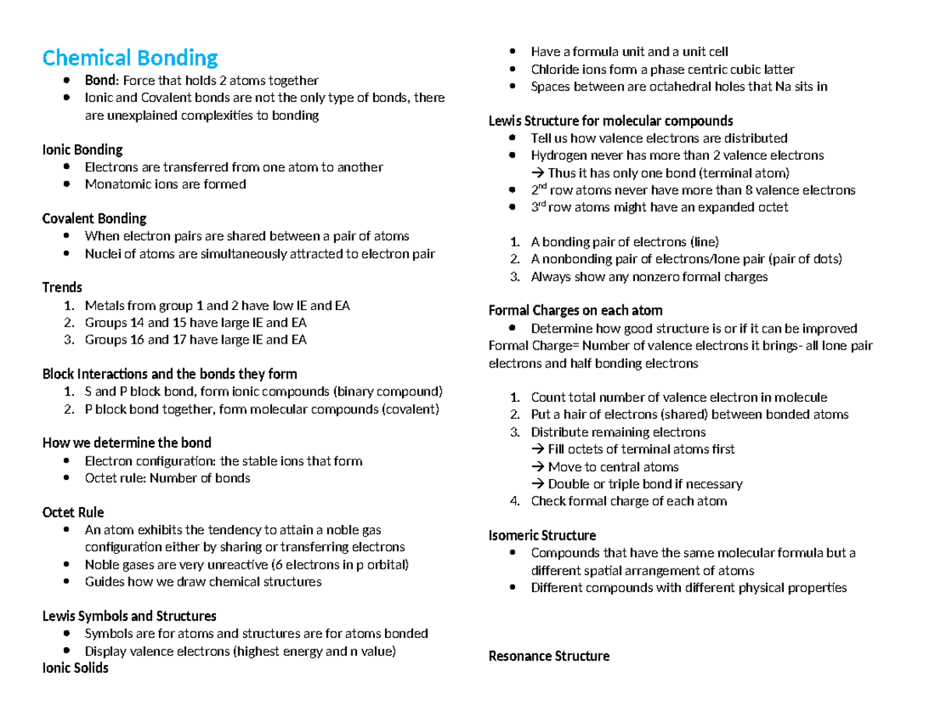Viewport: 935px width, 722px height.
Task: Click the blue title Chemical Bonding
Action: tap(130, 58)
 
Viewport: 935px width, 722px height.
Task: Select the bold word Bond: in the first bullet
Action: tap(101, 80)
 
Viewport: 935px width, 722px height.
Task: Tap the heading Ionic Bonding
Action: tap(82, 150)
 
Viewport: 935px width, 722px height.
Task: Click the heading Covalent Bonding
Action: tap(93, 219)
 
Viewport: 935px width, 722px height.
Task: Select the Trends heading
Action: tap(62, 288)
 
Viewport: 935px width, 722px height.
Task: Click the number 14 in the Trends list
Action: tap(135, 322)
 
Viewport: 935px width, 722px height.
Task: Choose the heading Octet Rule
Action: tap(72, 512)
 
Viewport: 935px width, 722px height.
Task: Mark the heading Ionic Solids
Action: tap(75, 668)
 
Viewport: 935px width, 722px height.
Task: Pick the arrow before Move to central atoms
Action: tap(538, 467)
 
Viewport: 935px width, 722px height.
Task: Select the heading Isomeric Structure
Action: tap(542, 536)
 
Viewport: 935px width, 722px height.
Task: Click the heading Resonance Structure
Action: tap(549, 657)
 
